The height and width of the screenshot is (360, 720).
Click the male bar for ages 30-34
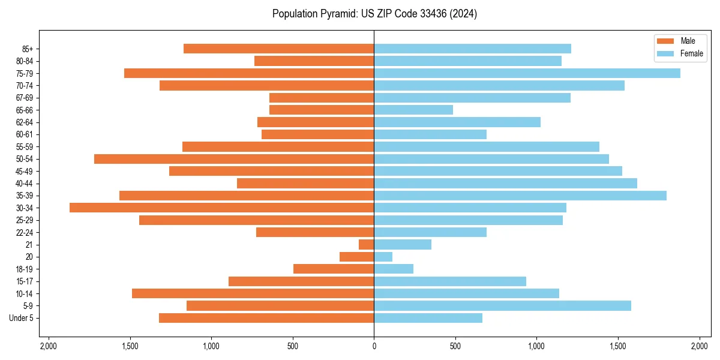click(x=222, y=208)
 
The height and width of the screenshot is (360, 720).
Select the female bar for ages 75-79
click(x=527, y=73)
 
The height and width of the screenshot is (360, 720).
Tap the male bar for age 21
click(x=366, y=244)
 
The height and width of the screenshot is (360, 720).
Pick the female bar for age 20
click(x=383, y=257)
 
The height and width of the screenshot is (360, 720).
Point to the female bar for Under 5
click(x=428, y=318)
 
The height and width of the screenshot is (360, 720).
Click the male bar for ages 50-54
click(x=234, y=159)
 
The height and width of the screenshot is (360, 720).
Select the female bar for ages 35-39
click(x=520, y=196)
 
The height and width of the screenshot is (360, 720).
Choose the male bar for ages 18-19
click(x=334, y=269)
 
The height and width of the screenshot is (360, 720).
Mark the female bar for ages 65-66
click(x=413, y=110)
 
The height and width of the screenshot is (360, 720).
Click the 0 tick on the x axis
click(x=374, y=346)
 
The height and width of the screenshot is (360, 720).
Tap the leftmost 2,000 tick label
click(x=48, y=346)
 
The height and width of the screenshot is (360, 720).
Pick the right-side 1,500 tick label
click(x=618, y=346)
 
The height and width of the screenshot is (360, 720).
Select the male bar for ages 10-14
click(x=253, y=293)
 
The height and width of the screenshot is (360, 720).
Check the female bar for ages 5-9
click(x=502, y=306)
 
